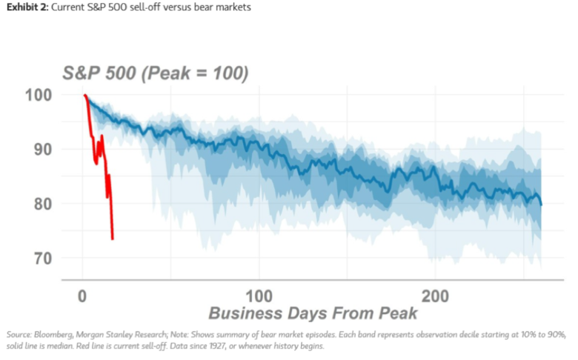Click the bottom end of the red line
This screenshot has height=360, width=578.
coord(113,239)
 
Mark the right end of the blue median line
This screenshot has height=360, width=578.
coord(541,205)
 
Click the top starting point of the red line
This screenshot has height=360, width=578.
coord(85,96)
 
